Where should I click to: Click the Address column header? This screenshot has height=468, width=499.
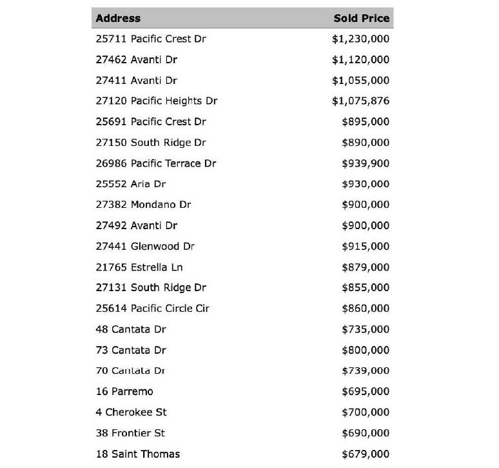point(118,18)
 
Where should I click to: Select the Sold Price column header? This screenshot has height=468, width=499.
point(361,18)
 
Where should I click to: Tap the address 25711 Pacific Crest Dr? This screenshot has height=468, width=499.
point(151,39)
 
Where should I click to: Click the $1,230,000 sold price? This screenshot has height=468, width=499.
point(360,39)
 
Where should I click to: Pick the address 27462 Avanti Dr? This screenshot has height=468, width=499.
point(137,59)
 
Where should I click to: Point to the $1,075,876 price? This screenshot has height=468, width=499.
point(360,101)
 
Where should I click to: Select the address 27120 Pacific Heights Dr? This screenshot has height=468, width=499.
point(157,101)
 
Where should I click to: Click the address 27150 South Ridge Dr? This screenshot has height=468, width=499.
point(151,143)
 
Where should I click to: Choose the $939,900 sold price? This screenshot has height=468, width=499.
point(366,163)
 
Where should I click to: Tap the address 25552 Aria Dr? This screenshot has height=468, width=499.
point(131,184)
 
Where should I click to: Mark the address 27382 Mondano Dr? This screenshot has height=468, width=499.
point(144,205)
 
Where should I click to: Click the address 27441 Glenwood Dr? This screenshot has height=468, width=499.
point(145,246)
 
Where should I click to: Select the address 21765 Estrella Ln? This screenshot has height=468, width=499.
point(140,267)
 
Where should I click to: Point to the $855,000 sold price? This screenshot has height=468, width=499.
point(366,288)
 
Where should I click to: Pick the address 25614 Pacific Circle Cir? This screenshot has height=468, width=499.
point(153,309)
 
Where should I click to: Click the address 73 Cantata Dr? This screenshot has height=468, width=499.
point(131,350)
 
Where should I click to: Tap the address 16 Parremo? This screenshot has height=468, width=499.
point(124,391)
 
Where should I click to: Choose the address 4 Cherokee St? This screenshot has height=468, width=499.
point(132,412)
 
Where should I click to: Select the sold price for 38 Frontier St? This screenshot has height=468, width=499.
point(366,433)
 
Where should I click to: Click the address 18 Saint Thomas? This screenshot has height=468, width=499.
point(138,454)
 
